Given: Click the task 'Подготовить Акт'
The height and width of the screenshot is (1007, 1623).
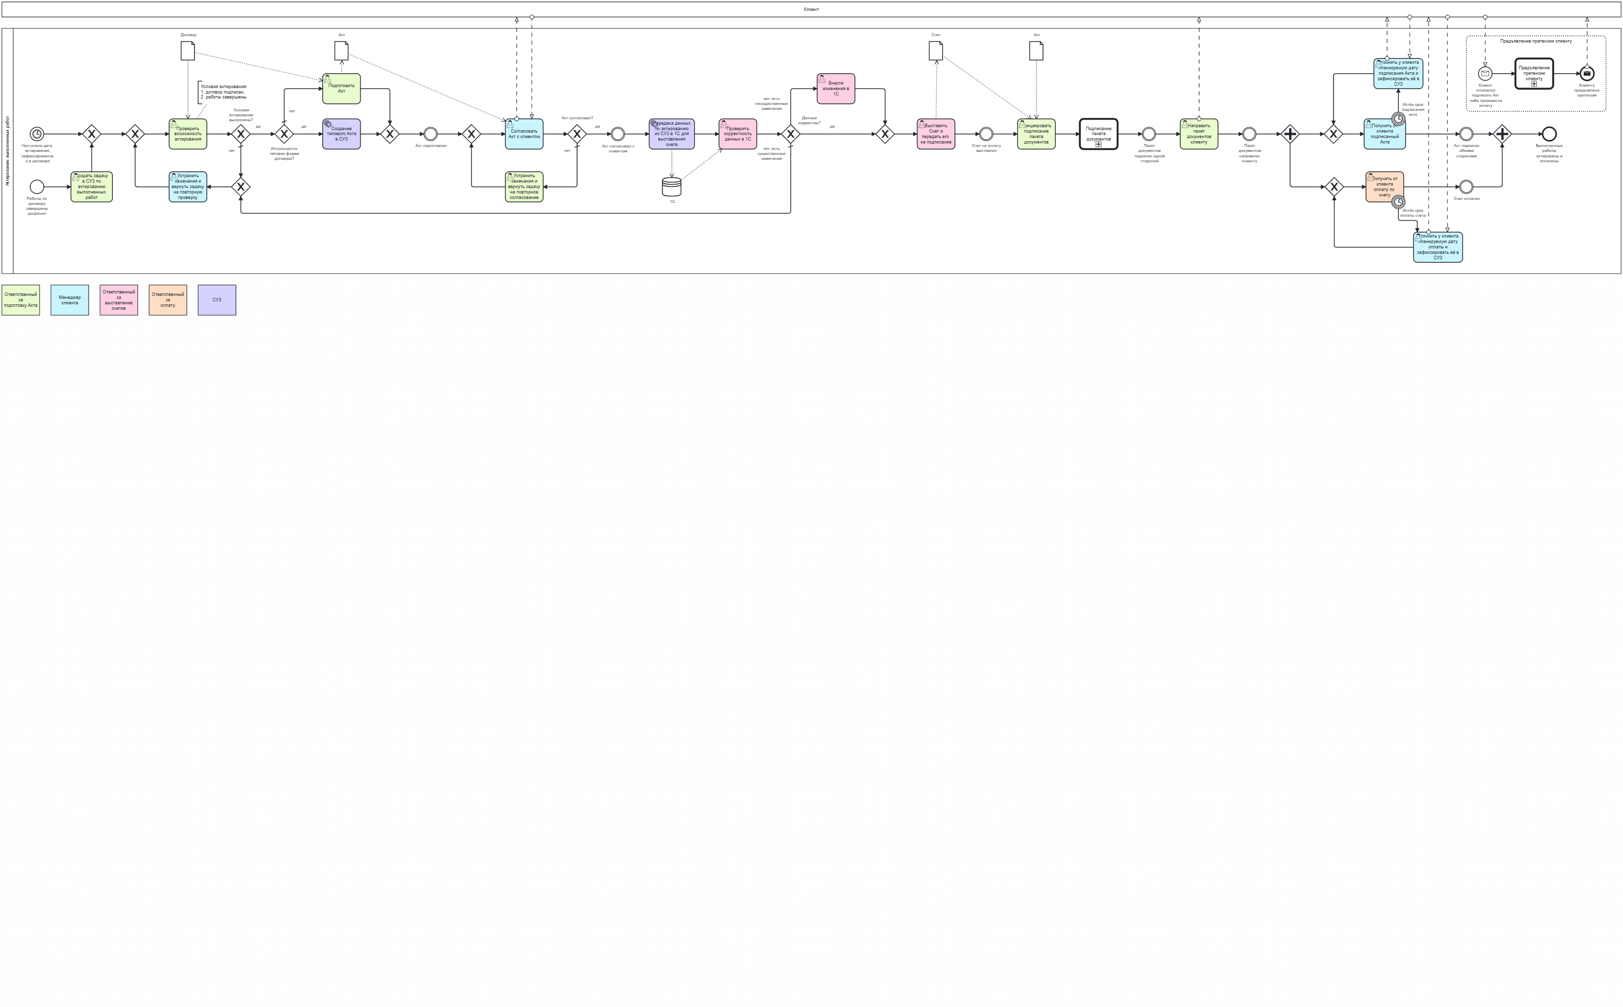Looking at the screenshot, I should [341, 89].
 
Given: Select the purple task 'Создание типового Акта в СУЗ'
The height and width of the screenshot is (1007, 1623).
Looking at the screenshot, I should [341, 134].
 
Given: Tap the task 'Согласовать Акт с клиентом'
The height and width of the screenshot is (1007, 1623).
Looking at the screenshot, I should [524, 134].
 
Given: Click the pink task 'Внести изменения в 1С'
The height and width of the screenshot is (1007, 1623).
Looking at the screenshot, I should [835, 89].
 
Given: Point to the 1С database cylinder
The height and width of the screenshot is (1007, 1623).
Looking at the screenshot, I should [671, 187].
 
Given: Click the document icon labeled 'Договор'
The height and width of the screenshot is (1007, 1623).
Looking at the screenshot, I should [188, 50].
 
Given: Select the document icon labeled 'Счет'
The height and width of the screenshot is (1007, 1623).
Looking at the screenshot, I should [936, 50].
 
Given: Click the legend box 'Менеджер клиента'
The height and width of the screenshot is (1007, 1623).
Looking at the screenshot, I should [69, 300].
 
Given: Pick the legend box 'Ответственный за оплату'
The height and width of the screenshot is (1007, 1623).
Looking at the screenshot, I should [167, 300].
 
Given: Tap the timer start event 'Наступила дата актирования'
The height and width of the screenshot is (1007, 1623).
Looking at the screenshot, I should [37, 134].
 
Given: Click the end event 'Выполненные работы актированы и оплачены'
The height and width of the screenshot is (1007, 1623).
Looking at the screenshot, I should [1549, 134].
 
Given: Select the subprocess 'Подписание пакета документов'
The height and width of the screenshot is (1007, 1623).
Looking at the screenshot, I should [1098, 134].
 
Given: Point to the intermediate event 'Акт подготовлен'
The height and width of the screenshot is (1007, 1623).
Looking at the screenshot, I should [431, 134].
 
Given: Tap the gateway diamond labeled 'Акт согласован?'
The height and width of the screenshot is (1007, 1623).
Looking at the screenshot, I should [577, 134].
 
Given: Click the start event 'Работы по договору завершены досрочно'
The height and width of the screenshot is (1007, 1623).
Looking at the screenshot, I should [37, 187].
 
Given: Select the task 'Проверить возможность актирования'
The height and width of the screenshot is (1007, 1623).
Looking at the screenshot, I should [188, 134].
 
